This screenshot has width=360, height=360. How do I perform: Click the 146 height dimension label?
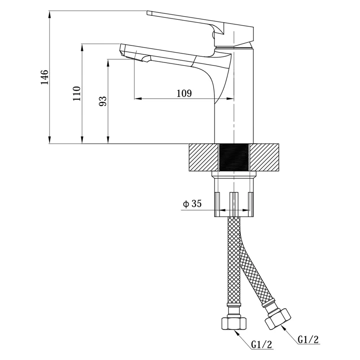[x=45, y=77]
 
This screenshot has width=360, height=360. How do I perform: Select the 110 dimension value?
[x=77, y=94]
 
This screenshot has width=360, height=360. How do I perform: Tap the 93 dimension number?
[x=103, y=101]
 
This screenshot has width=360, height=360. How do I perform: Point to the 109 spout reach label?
[x=184, y=93]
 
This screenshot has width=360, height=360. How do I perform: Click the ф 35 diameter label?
[x=192, y=203]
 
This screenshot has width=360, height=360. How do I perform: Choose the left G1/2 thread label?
[x=261, y=344]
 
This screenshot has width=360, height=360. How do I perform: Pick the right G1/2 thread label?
[x=309, y=339]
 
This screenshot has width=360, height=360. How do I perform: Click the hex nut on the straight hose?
[x=234, y=323]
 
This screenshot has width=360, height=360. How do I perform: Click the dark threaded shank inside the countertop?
[x=234, y=158]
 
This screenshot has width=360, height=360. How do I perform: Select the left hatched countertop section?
[x=203, y=158]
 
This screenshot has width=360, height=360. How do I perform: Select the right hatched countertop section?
[x=264, y=158]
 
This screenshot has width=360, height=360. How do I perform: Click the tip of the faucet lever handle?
[x=147, y=13]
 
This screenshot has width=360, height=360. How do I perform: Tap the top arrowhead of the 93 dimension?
[x=108, y=63]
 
